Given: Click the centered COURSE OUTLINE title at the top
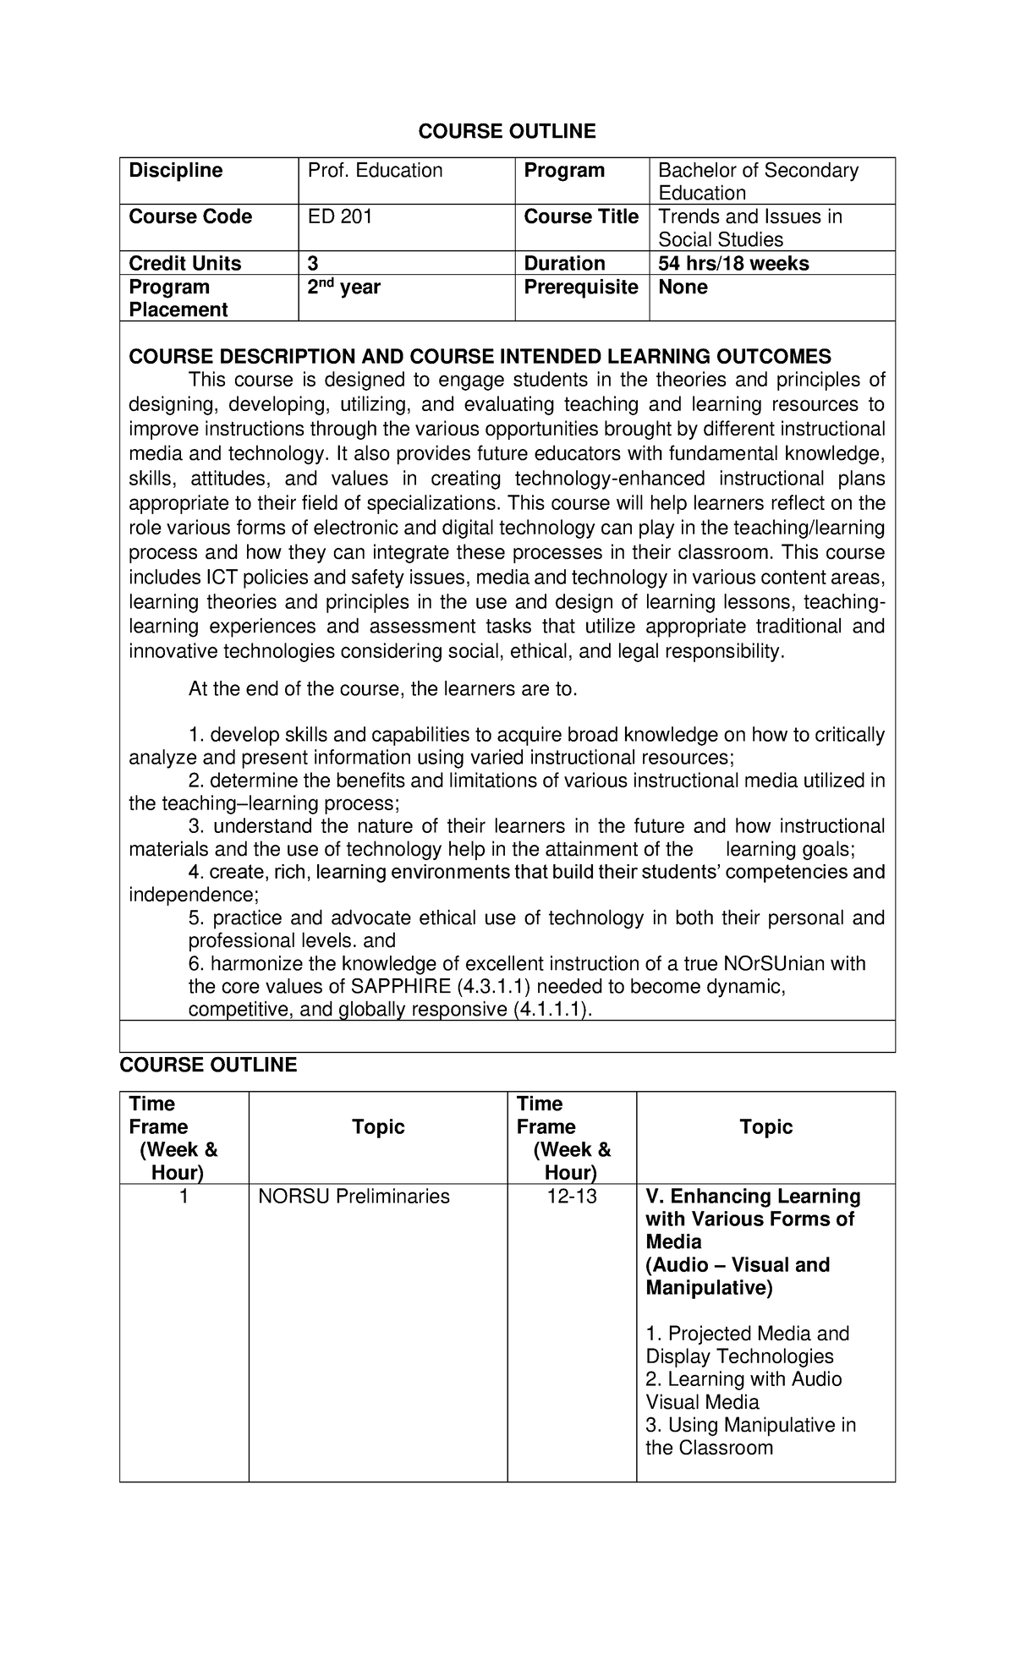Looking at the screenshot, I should pos(507,131).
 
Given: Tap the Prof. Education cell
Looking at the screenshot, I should pos(375,171).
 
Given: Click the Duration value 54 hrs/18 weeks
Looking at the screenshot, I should pos(733,264).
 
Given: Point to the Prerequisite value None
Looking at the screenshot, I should pos(683,288).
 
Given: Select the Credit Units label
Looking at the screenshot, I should pos(184,264).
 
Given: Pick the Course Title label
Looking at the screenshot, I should pos(581,217).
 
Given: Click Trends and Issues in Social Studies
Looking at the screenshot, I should pos(749,228).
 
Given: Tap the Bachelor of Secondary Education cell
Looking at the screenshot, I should pos(758,182).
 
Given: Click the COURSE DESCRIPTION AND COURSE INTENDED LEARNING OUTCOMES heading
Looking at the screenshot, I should pos(480,357).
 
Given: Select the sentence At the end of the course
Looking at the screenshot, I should pos(382,689).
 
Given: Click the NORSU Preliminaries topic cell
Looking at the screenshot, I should pos(354,1197).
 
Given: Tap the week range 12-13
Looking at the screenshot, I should pos(571,1197).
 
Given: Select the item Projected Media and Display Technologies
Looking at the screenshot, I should pos(747,1345).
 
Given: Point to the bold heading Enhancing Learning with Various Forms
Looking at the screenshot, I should pos(752,1219).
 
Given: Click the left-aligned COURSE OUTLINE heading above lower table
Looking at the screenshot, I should pos(208,1065).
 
